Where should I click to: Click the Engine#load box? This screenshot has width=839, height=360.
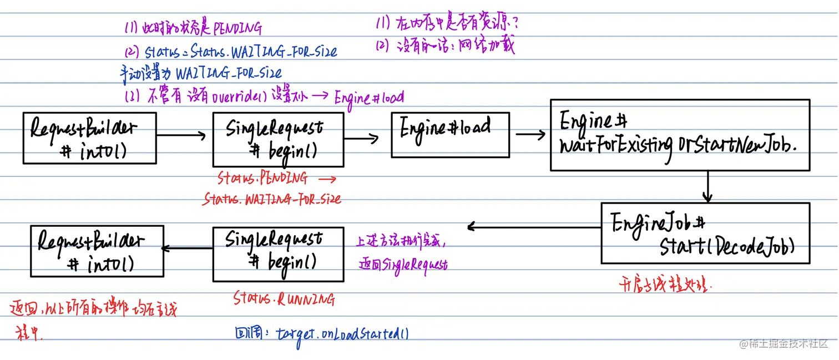(450, 135)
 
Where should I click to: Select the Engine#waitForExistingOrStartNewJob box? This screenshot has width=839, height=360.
(679, 135)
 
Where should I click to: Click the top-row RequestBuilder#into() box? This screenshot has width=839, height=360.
(89, 139)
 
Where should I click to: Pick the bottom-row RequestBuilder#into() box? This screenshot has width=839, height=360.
(97, 251)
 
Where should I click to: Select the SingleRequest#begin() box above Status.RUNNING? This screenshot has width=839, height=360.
(278, 253)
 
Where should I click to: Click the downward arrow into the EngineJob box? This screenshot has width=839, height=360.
(707, 187)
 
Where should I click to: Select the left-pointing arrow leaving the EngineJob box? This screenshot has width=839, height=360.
(533, 226)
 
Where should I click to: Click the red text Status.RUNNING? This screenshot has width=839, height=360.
(284, 300)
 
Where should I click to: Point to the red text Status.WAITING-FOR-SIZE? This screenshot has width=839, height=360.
(272, 199)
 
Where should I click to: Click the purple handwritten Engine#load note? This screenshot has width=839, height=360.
(369, 98)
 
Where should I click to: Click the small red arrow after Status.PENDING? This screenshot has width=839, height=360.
(327, 179)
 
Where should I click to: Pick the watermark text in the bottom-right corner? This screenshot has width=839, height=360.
(783, 344)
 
